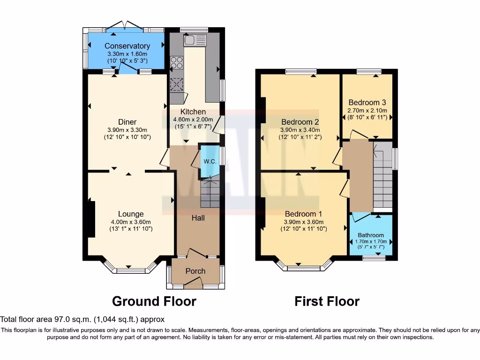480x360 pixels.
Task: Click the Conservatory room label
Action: coord(127,46)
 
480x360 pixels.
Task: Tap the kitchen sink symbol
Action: coord(195,40)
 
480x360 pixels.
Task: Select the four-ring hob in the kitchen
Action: coord(177,62)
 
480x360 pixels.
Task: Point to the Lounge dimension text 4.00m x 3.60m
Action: coord(131,222)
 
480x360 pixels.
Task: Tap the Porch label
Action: coord(195,271)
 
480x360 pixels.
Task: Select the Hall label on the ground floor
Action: coord(198,218)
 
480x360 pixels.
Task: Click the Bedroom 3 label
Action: coord(367,103)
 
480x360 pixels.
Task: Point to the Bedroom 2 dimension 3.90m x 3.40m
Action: coord(300,130)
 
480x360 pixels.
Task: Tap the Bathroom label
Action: coord(371,235)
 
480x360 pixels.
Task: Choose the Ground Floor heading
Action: coord(154,301)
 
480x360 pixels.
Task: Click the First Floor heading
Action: coord(327,301)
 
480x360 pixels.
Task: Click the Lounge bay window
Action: coord(131,270)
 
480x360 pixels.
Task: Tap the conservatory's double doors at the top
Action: coord(124,25)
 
